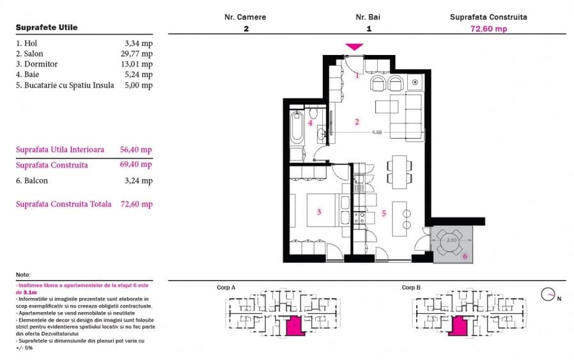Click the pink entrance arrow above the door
pos(354,47)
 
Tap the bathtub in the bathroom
pos(297,127)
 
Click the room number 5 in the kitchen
pos(384,214)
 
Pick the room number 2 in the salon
pos(357,121)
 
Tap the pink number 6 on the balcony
pos(465,256)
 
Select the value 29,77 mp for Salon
pos(137,54)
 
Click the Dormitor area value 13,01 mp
pos(137,64)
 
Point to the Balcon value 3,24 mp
pos(139,181)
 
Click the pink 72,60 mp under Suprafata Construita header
pos(488,29)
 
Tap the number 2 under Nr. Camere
pos(245,29)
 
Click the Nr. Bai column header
pos(368,17)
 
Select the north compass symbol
pos(548,295)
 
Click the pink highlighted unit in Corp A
pos(292,325)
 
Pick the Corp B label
pos(410,288)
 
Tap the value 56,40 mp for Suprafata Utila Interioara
pos(136,150)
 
